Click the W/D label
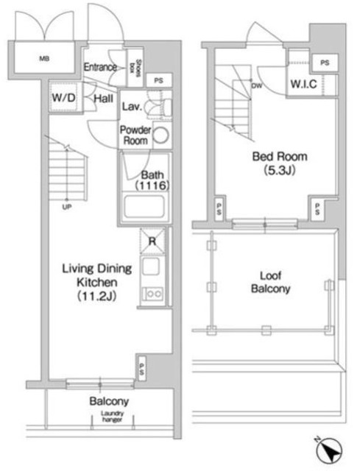point(62,97)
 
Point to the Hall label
point(103,97)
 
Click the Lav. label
point(132,106)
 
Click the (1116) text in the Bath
point(152,187)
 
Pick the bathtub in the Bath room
point(147,208)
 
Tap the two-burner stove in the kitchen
point(155,295)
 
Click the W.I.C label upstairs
point(303,85)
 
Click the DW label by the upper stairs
point(257,85)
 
